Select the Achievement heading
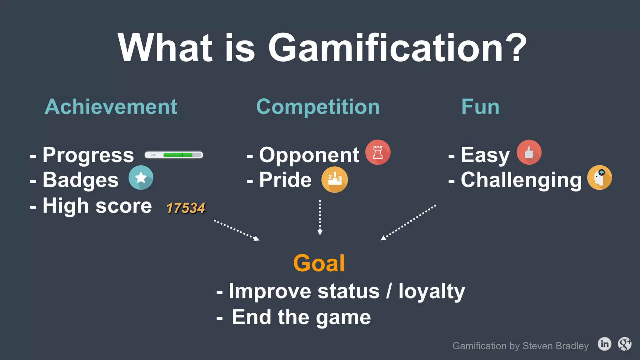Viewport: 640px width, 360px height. (x=111, y=107)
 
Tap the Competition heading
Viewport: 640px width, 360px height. (x=318, y=107)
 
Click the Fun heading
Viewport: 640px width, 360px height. (x=480, y=107)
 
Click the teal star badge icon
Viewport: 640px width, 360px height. (x=141, y=178)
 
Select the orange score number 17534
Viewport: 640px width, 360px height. (x=186, y=208)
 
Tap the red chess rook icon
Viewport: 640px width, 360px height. (x=378, y=152)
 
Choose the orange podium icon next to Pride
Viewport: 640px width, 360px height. (x=335, y=180)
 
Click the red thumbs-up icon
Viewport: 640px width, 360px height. (x=529, y=152)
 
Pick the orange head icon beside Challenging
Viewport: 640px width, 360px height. (x=599, y=177)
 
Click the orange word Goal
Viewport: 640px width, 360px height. (x=319, y=263)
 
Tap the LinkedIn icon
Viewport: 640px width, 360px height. (x=604, y=344)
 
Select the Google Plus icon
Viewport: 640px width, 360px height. (x=625, y=344)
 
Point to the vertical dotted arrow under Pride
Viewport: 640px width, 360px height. (x=320, y=217)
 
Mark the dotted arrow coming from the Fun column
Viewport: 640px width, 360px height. (x=408, y=222)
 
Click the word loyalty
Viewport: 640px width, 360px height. (x=432, y=291)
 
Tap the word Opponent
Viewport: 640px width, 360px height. (x=309, y=155)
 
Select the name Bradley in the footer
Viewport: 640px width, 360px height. (x=572, y=346)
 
